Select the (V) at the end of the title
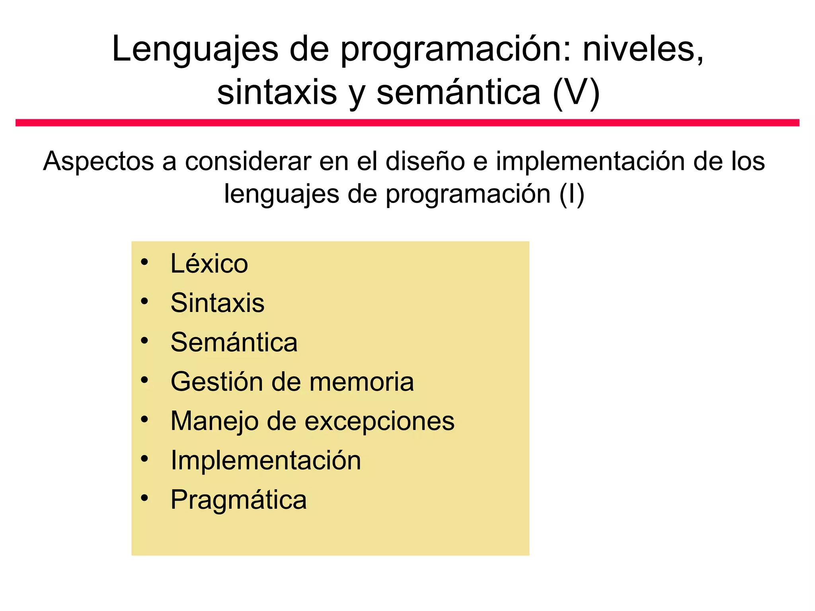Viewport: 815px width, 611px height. pos(576,92)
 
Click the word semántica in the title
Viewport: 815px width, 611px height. pos(458,92)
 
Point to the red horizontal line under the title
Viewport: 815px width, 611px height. pos(407,123)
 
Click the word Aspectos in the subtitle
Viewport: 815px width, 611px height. pos(98,162)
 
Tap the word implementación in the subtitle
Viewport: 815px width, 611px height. pos(590,162)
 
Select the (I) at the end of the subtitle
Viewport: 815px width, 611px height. pos(571,194)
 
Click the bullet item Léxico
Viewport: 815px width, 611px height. pos(209,263)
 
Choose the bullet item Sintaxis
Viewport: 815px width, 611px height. pos(217,303)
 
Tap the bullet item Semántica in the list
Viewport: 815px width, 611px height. pos(234,342)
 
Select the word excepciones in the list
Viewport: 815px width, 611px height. pos(379,421)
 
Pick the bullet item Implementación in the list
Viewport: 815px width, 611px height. pos(266,460)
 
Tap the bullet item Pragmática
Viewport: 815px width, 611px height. pos(239,500)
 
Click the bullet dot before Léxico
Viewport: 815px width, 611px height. pos(144,262)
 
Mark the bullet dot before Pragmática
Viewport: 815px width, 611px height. pos(144,498)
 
